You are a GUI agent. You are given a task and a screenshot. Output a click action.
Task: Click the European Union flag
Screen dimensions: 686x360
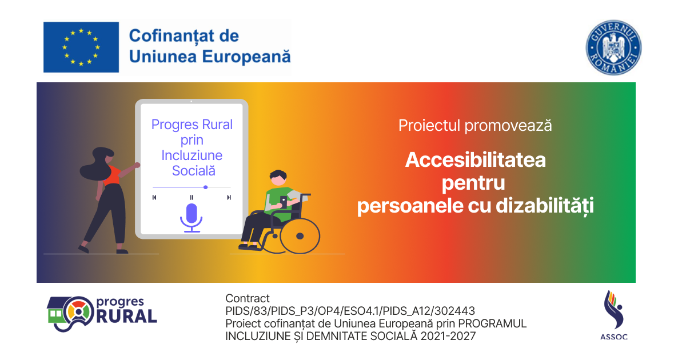(x=81, y=47)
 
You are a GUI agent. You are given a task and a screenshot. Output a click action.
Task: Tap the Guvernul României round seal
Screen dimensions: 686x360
(x=614, y=48)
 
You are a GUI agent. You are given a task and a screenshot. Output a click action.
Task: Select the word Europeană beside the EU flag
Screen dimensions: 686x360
(x=246, y=57)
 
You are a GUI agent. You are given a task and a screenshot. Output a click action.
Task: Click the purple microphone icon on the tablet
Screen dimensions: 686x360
(x=192, y=218)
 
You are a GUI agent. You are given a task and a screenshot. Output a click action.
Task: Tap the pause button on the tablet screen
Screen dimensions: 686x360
(x=192, y=198)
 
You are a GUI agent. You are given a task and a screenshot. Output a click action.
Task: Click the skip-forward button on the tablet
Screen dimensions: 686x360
(x=229, y=198)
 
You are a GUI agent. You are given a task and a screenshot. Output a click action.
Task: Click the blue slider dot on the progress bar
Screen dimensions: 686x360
(x=205, y=187)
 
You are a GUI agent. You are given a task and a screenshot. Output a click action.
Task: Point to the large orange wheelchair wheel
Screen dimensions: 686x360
(x=300, y=236)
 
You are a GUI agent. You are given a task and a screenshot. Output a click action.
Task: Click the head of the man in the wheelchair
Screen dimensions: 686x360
(x=278, y=178)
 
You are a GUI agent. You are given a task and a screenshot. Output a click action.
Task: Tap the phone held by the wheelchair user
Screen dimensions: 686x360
(x=284, y=202)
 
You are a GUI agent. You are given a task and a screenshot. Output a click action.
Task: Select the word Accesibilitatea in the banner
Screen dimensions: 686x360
(x=475, y=160)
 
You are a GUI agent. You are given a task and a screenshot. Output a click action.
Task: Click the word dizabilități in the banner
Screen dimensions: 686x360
(x=545, y=206)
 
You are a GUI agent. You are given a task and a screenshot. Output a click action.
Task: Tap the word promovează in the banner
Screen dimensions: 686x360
(x=508, y=126)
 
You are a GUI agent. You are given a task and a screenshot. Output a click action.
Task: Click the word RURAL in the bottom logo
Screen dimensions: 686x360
(x=126, y=316)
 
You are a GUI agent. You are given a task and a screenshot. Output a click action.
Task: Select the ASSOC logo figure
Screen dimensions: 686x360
(x=614, y=310)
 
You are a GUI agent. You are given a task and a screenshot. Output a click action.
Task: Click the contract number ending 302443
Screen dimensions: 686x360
(x=350, y=311)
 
